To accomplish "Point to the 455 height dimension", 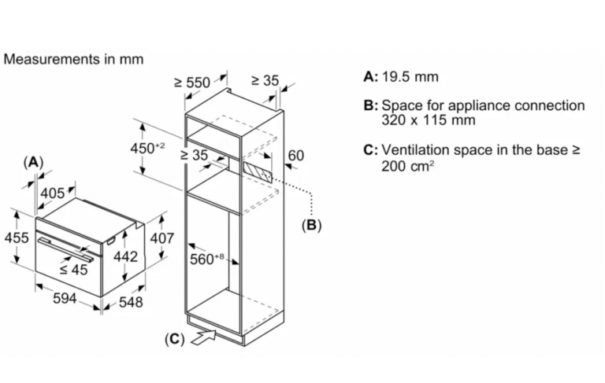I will [x=17, y=238].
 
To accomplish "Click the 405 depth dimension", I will [x=53, y=193].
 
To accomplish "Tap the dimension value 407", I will [x=161, y=238].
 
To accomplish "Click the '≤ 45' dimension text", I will [x=74, y=270].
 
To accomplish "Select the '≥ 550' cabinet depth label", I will [x=192, y=82].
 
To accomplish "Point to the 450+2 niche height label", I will [x=147, y=148].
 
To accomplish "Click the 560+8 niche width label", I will [x=208, y=257].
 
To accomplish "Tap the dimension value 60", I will [x=295, y=156].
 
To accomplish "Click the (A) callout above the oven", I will [x=32, y=162].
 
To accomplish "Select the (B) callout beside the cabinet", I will [x=312, y=225].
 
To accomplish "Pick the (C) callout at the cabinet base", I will [x=173, y=340].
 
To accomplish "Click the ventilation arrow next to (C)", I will [x=202, y=337].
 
